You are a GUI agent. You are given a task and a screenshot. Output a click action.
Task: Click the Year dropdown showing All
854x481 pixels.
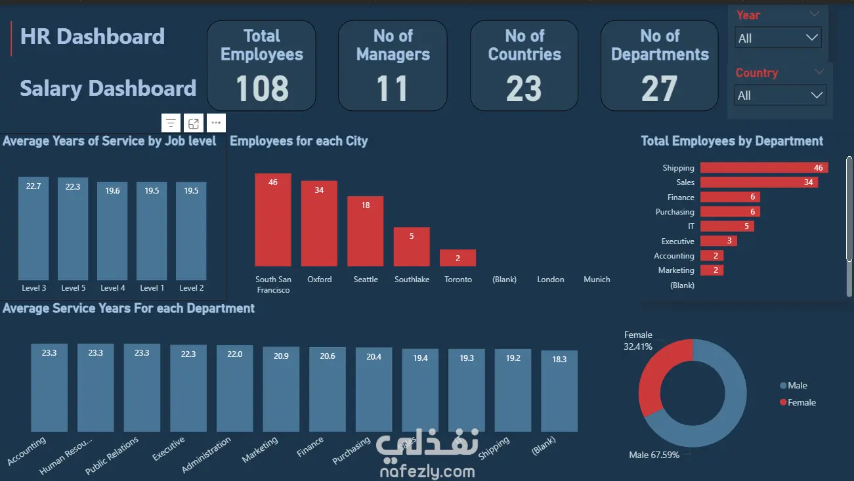click(778, 38)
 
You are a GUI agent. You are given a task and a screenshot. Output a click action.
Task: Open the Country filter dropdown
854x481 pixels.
click(780, 95)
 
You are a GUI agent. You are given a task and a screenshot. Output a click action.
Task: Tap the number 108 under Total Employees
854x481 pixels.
click(261, 89)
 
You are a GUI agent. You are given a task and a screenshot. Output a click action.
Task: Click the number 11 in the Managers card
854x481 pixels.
click(393, 89)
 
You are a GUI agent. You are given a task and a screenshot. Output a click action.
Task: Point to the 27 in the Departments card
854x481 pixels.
click(659, 89)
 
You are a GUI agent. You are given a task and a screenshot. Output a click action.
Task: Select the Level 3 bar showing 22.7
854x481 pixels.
click(33, 229)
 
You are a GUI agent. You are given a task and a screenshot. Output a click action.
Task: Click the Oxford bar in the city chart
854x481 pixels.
click(319, 223)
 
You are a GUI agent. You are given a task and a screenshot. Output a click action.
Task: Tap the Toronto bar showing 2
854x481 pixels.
click(458, 257)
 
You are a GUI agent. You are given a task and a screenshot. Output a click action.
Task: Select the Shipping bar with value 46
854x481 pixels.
click(763, 168)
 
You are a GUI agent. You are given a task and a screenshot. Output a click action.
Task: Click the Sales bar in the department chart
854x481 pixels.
click(758, 182)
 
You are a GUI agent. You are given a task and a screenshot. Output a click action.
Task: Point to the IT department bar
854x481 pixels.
click(727, 226)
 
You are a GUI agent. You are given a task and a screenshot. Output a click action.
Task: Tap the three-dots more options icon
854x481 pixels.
click(216, 123)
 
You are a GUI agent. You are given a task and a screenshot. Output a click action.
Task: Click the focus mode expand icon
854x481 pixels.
click(193, 123)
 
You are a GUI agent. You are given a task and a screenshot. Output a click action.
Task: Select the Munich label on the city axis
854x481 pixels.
click(597, 280)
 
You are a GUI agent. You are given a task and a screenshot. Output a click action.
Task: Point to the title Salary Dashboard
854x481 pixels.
click(108, 89)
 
